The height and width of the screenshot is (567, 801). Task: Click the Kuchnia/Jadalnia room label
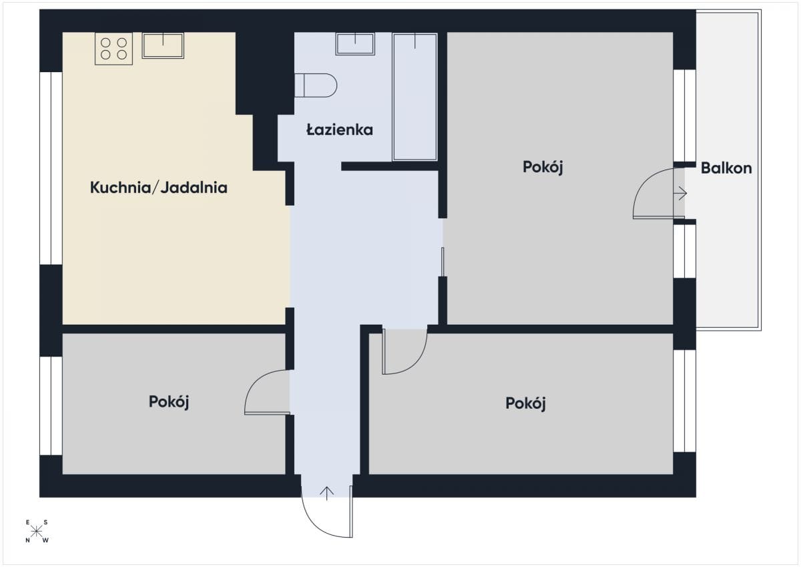point(158,188)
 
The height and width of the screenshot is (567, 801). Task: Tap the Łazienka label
point(340,129)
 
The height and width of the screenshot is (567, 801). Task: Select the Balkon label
point(726,168)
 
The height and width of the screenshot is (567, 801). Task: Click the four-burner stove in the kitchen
point(113,49)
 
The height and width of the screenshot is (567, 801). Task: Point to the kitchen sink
point(163,45)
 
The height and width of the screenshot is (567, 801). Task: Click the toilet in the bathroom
point(316,85)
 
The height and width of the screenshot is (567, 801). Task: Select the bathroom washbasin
point(355,44)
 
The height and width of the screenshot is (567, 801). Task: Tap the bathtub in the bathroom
point(415,97)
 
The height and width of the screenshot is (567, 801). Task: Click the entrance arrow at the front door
point(326,494)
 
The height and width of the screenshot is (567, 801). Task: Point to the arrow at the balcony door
point(680,194)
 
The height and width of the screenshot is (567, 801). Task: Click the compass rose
point(37,532)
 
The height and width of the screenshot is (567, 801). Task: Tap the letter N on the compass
point(27,540)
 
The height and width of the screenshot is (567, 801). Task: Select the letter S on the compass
point(45,522)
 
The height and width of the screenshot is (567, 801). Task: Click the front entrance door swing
point(314,526)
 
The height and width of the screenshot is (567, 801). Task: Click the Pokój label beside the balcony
point(543,167)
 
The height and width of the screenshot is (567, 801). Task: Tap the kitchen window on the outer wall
point(51,168)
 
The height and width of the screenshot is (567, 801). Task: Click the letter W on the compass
point(45,540)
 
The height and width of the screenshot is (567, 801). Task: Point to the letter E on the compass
point(27,522)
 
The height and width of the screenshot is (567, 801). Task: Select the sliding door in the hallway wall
point(443,262)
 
